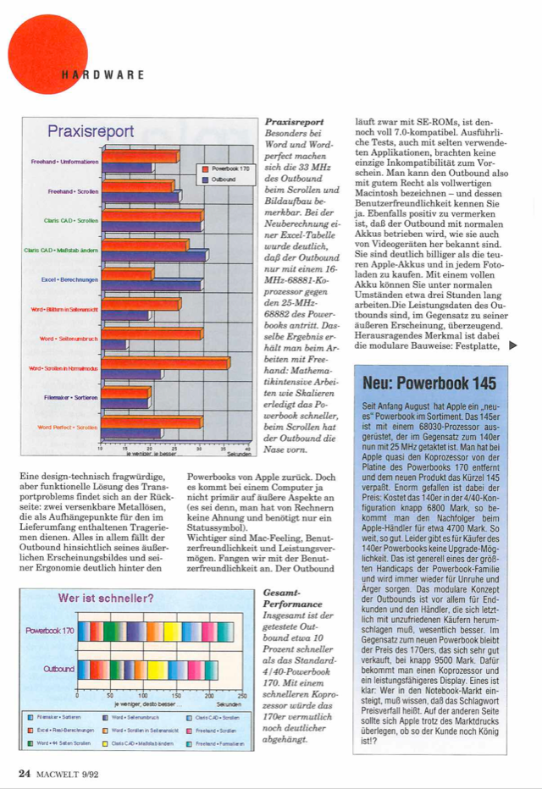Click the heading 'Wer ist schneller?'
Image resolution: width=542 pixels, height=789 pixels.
(x=105, y=599)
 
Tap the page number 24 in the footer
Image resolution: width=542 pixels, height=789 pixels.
(x=25, y=772)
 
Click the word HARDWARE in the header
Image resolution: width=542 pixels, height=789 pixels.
(x=102, y=74)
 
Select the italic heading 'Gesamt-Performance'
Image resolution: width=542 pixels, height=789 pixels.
(x=288, y=597)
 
